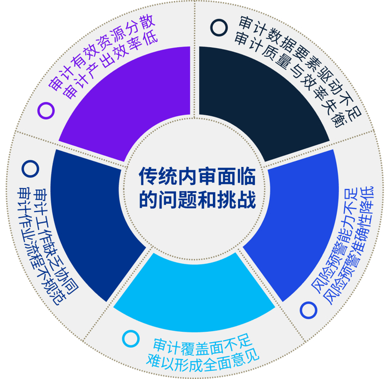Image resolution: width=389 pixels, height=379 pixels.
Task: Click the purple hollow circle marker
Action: (x=46, y=110)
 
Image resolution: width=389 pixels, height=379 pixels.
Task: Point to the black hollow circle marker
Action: (x=219, y=28)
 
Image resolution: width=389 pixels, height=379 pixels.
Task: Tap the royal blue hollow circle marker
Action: (x=308, y=310)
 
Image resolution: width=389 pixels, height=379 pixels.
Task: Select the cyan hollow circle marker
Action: (x=131, y=339)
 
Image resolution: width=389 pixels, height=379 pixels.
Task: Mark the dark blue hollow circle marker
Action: (x=30, y=169)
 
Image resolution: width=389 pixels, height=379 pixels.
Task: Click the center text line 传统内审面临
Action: (x=197, y=176)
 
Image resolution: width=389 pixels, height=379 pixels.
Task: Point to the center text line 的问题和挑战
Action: (x=197, y=200)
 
